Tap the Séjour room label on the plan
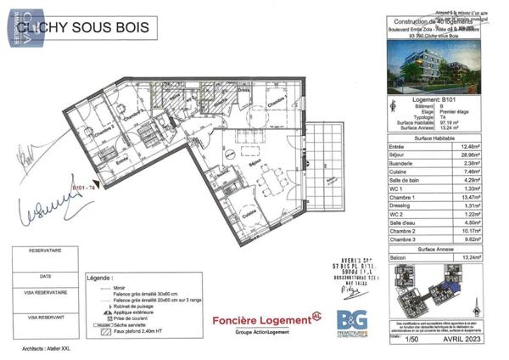254,160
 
